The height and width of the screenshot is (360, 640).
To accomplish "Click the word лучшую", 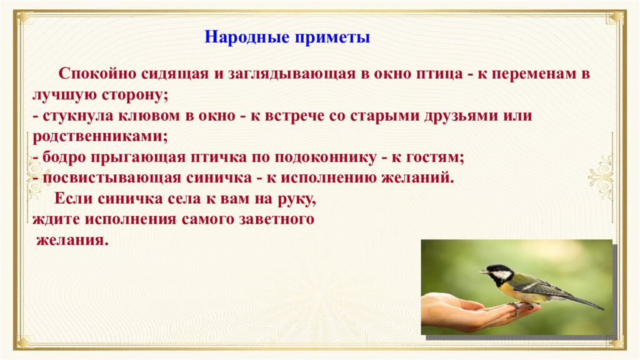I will (61, 96).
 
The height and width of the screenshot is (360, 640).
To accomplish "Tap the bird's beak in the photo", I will (483, 272).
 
